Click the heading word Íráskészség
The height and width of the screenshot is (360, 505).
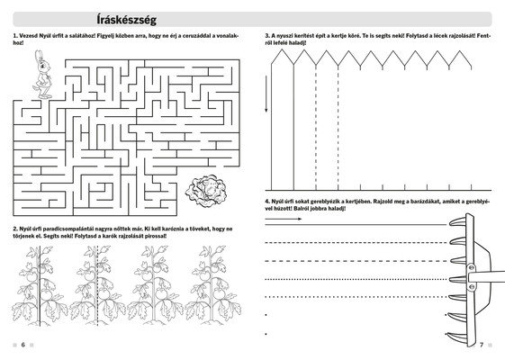click(127, 20)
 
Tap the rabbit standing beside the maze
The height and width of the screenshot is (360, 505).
click(43, 75)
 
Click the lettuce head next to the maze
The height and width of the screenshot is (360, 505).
click(206, 191)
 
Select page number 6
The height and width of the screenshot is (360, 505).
click(23, 345)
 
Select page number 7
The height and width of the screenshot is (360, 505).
click(482, 345)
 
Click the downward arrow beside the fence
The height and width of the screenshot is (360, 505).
click(266, 94)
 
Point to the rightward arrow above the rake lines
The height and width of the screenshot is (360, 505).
click(284, 219)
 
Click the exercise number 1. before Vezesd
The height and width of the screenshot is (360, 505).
click(15, 36)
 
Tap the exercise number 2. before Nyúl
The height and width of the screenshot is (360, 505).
click(15, 229)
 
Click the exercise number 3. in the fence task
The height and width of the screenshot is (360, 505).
click(267, 36)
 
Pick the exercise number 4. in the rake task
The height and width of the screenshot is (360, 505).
click(267, 202)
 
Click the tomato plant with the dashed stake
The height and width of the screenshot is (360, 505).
click(97, 286)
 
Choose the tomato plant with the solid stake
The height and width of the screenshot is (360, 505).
click(40, 286)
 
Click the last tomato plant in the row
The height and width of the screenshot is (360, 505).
click(212, 286)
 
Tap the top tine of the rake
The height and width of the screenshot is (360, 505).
click(457, 221)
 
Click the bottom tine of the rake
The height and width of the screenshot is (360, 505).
click(456, 336)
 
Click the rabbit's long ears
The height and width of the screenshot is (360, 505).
click(39, 56)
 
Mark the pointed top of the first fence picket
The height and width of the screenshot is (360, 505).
click(282, 49)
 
